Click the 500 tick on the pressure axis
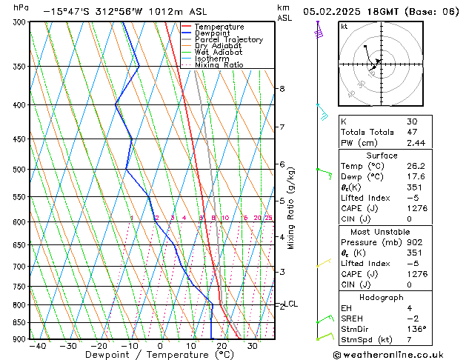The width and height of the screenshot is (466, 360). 19,170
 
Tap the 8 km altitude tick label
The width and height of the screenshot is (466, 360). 282,89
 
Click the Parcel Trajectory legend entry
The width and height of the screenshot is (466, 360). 228,40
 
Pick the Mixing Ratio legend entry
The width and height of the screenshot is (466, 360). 219,65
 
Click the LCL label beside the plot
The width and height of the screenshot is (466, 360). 291,304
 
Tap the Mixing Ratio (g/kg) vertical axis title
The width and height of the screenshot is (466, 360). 291,208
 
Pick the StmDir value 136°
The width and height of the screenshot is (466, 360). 417,329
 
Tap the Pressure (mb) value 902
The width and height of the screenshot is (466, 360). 415,242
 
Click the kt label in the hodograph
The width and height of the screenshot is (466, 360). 344,26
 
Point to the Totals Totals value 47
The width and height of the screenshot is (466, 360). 411,132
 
